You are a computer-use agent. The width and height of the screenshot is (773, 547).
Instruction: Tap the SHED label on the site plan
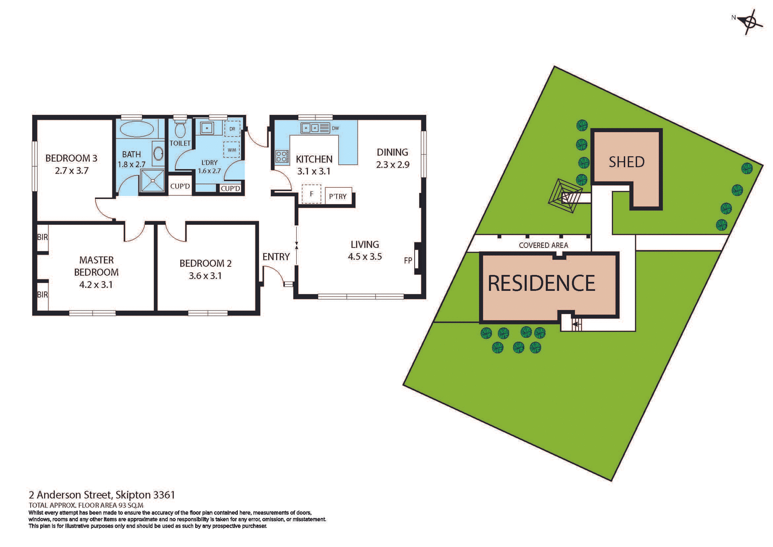click(626, 162)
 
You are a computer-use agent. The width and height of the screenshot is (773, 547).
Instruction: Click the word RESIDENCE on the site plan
click(541, 283)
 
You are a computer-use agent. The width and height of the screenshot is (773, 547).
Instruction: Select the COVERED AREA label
click(543, 245)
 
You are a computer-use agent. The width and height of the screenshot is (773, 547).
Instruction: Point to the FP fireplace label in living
click(408, 261)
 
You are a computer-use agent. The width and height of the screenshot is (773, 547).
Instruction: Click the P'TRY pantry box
click(338, 196)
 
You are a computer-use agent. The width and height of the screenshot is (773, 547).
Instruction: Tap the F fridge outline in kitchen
click(311, 194)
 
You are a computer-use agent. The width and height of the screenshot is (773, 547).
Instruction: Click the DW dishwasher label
click(335, 128)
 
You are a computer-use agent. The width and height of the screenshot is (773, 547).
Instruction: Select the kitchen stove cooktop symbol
click(282, 156)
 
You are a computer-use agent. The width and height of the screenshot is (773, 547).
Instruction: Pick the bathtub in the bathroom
click(137, 129)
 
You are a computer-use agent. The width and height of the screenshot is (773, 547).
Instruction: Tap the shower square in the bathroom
click(153, 180)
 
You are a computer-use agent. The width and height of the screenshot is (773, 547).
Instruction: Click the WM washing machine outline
click(232, 150)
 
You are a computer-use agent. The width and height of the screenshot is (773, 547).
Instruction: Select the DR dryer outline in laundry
click(232, 129)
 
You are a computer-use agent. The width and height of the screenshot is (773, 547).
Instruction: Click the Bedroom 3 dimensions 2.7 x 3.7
click(72, 171)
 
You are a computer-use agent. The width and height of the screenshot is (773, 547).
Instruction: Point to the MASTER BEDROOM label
click(96, 266)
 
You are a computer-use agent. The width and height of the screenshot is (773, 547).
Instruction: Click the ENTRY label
click(276, 257)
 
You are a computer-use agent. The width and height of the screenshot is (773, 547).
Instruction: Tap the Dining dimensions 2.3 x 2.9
click(393, 165)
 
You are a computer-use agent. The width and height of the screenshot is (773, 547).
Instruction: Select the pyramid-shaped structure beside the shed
click(565, 196)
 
